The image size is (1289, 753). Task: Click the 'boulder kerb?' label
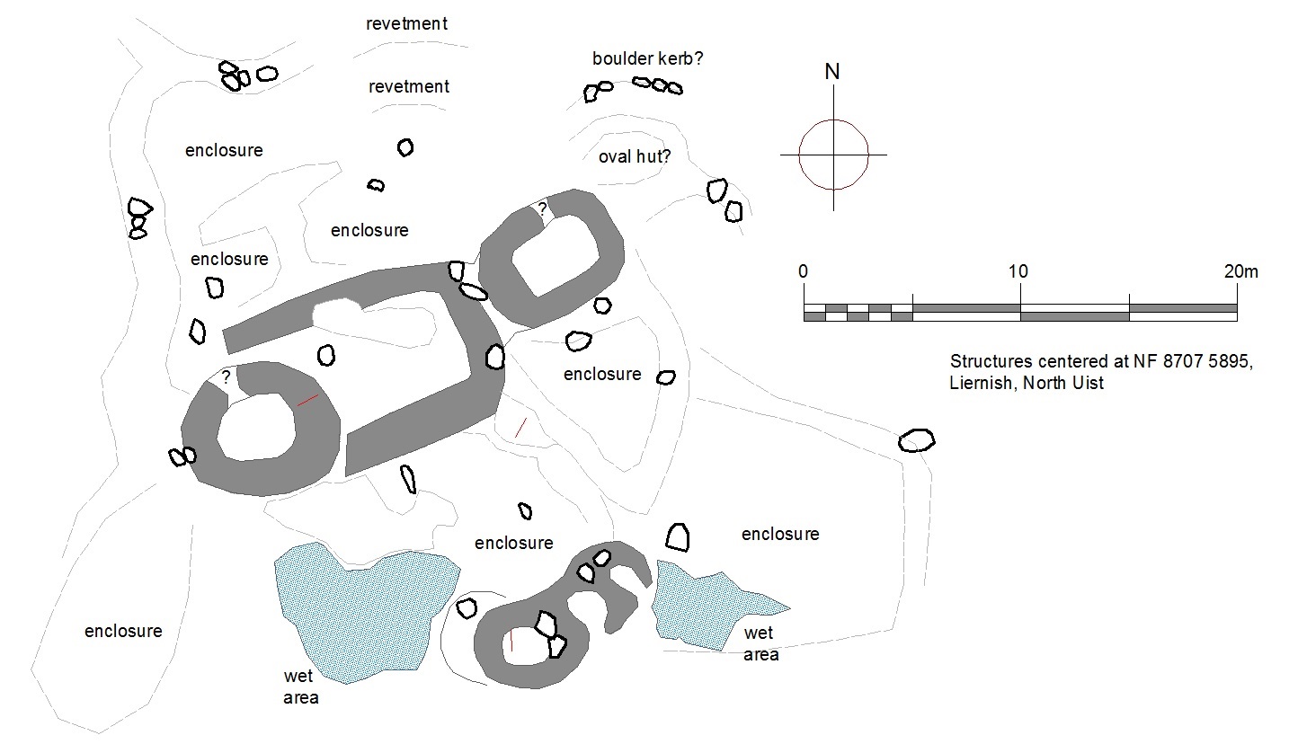coord(647,59)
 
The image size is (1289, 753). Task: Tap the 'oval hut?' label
coord(635,157)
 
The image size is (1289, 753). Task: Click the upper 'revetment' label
coord(406,23)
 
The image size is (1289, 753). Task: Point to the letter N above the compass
coord(832,72)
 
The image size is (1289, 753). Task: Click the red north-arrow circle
coord(833,155)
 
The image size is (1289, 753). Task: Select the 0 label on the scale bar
coord(803,271)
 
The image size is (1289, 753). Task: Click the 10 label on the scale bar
coord(1018,271)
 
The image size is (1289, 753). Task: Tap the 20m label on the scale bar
coord(1240,271)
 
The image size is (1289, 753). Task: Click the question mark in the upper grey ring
coord(541,208)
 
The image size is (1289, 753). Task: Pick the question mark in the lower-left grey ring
coord(226,376)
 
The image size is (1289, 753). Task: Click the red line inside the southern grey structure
coord(511,639)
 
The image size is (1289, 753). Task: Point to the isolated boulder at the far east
coord(916,440)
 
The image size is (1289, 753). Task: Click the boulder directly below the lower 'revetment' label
coord(405,147)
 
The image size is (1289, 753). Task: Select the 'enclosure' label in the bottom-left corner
coord(123,631)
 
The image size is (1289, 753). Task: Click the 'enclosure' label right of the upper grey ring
coord(602,374)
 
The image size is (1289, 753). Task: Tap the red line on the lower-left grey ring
coord(307,400)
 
